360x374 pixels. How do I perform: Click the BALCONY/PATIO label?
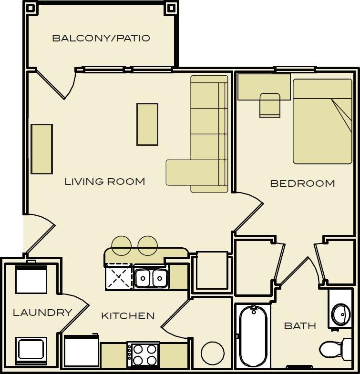click(101, 38)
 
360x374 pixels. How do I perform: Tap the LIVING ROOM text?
click(104, 182)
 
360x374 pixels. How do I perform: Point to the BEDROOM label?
click(302, 183)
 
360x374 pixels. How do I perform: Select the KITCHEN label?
click(128, 316)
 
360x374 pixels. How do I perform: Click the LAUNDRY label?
click(42, 313)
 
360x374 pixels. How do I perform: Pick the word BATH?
click(300, 326)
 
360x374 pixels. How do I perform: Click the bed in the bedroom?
click(322, 121)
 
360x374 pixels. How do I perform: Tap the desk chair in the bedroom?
click(270, 105)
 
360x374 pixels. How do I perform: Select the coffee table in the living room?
click(147, 124)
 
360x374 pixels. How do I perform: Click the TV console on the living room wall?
click(42, 149)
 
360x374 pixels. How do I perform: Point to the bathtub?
click(253, 336)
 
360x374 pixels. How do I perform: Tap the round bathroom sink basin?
click(341, 314)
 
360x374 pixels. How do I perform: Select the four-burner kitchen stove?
click(144, 354)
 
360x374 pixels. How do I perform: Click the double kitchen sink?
click(151, 278)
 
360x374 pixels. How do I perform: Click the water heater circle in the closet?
click(213, 353)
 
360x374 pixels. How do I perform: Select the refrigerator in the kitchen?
click(82, 352)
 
